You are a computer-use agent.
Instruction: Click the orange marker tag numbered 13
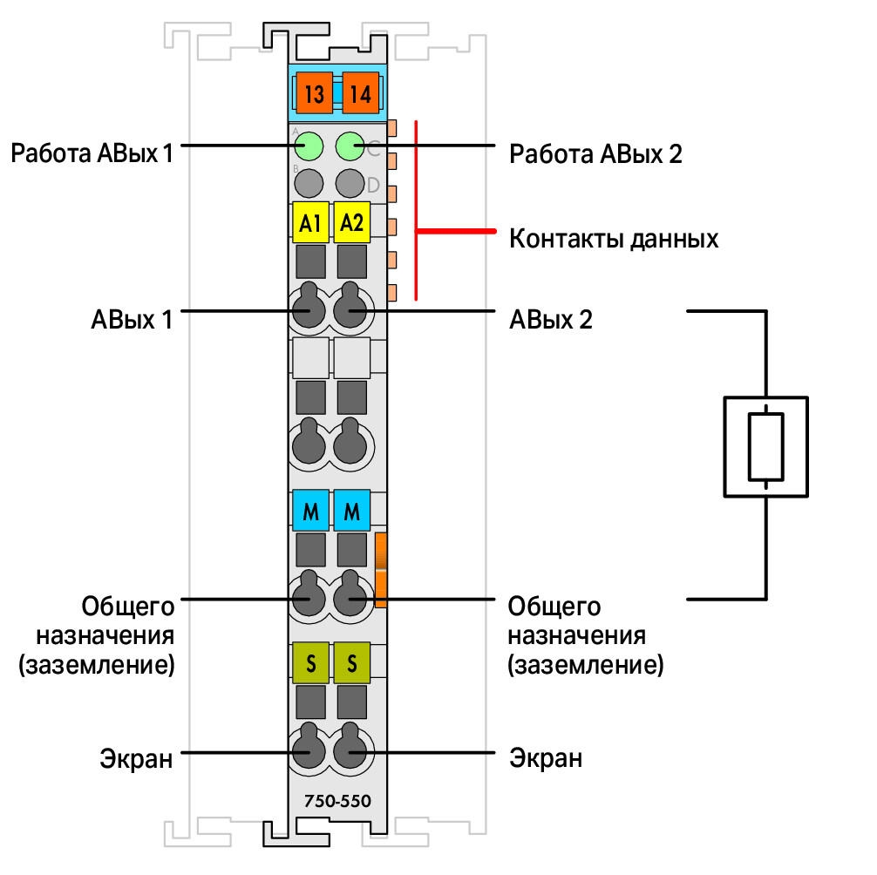click(x=315, y=92)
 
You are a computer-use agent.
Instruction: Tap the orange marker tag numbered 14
click(x=360, y=92)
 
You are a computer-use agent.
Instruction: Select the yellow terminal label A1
click(x=310, y=222)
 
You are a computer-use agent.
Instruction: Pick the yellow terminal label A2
click(x=352, y=222)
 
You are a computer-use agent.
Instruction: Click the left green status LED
click(x=309, y=146)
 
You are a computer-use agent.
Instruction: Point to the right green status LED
click(x=350, y=146)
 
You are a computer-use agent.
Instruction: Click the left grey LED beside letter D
click(x=309, y=183)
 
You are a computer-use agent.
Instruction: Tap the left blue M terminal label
click(x=310, y=511)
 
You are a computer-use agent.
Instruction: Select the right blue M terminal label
click(x=352, y=511)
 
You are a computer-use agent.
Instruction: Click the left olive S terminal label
click(x=310, y=663)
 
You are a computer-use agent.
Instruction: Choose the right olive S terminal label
click(x=352, y=663)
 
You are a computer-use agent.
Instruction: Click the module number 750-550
click(x=337, y=801)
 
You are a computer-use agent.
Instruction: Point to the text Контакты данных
click(x=614, y=240)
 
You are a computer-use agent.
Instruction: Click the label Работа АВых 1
click(x=92, y=153)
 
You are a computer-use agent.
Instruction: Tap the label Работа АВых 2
click(x=595, y=153)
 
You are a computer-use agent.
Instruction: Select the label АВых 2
click(x=550, y=319)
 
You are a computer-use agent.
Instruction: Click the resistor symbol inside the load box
click(x=765, y=447)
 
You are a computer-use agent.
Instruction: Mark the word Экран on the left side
click(x=136, y=759)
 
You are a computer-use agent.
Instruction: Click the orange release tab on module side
click(x=381, y=570)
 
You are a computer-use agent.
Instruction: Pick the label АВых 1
click(x=132, y=319)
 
